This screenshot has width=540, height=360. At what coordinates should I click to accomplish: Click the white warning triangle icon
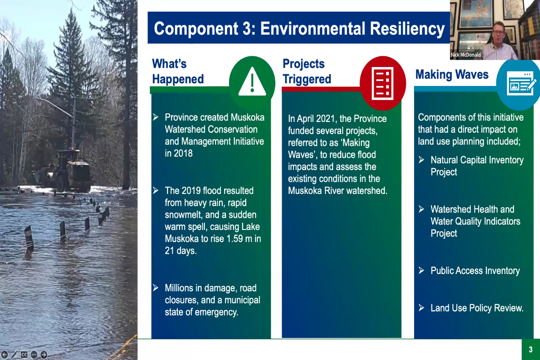(252, 82)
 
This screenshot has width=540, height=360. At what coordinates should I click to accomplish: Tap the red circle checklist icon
(383, 83)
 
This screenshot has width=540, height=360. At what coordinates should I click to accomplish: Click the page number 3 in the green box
(531, 349)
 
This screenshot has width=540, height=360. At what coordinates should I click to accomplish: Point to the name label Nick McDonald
(466, 55)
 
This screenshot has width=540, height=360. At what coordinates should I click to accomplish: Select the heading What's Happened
(178, 72)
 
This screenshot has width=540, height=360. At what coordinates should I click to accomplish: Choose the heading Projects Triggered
(307, 72)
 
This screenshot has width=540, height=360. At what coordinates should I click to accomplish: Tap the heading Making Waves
(452, 74)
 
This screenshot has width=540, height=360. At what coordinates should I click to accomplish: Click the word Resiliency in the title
(407, 28)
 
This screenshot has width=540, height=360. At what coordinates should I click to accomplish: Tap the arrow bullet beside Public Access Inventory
(421, 270)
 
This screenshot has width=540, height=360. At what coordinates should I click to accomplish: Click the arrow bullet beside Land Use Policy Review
(421, 308)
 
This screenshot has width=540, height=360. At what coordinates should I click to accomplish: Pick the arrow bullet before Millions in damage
(156, 288)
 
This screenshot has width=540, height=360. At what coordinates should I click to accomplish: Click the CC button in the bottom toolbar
(24, 355)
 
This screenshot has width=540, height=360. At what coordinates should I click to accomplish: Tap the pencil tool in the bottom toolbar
(14, 355)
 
